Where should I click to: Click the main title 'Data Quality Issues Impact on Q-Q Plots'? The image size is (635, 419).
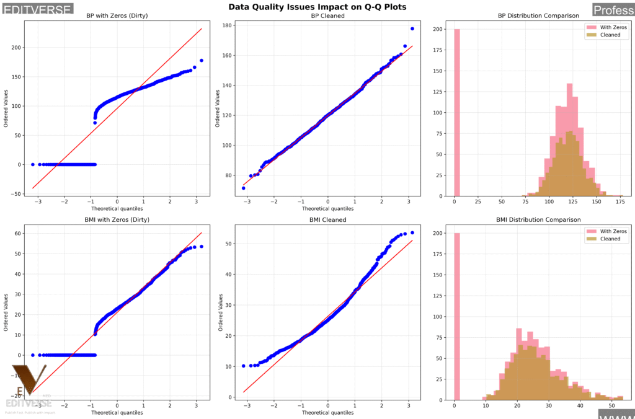(x=317, y=7)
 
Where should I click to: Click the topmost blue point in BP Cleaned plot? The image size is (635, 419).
(x=412, y=29)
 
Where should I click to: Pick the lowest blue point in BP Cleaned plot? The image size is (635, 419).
(x=244, y=188)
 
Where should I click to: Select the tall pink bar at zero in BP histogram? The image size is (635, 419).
(x=457, y=112)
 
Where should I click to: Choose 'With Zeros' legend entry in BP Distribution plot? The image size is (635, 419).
(x=609, y=27)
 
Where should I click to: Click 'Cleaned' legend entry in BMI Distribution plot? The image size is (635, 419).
(x=609, y=239)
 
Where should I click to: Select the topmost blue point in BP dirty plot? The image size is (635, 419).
(x=202, y=61)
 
